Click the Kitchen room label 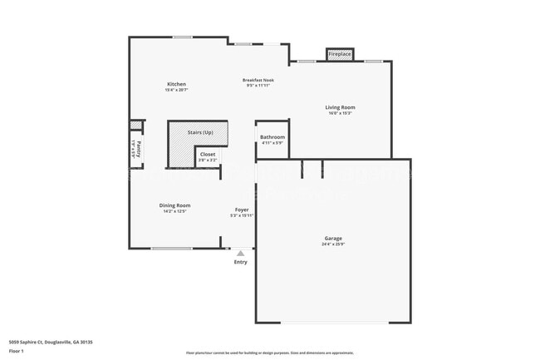(x=176, y=84)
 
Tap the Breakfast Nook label (x=258, y=80)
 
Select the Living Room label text (x=340, y=107)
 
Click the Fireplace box (x=340, y=54)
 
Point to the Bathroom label (x=272, y=137)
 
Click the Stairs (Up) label (x=199, y=132)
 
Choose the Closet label (x=208, y=154)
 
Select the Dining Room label (x=175, y=205)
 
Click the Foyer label (x=242, y=210)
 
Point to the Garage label (x=332, y=239)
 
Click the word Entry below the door (x=240, y=262)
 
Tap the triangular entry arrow (x=240, y=253)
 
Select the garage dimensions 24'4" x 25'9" (x=332, y=244)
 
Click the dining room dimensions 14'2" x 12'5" (x=175, y=211)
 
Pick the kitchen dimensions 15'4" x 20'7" (x=176, y=90)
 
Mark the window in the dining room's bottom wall (x=171, y=248)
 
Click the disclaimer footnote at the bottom (x=269, y=353)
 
